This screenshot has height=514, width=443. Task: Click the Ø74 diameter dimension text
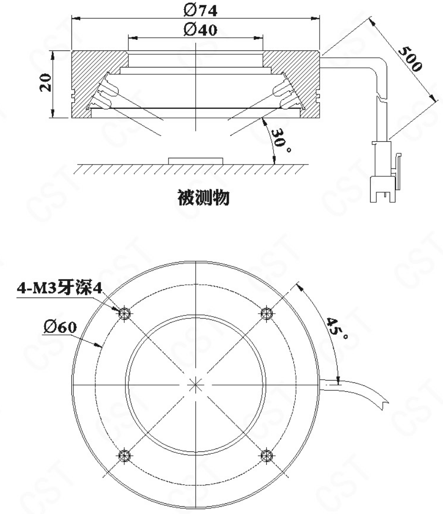point(196,9)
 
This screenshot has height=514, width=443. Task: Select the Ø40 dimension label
point(196,30)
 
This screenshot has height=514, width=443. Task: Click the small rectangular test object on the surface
point(196,160)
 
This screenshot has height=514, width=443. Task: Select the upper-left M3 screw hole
point(125,313)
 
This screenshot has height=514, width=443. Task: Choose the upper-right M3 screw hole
point(265,313)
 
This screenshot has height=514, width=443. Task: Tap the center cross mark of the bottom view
point(195,384)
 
